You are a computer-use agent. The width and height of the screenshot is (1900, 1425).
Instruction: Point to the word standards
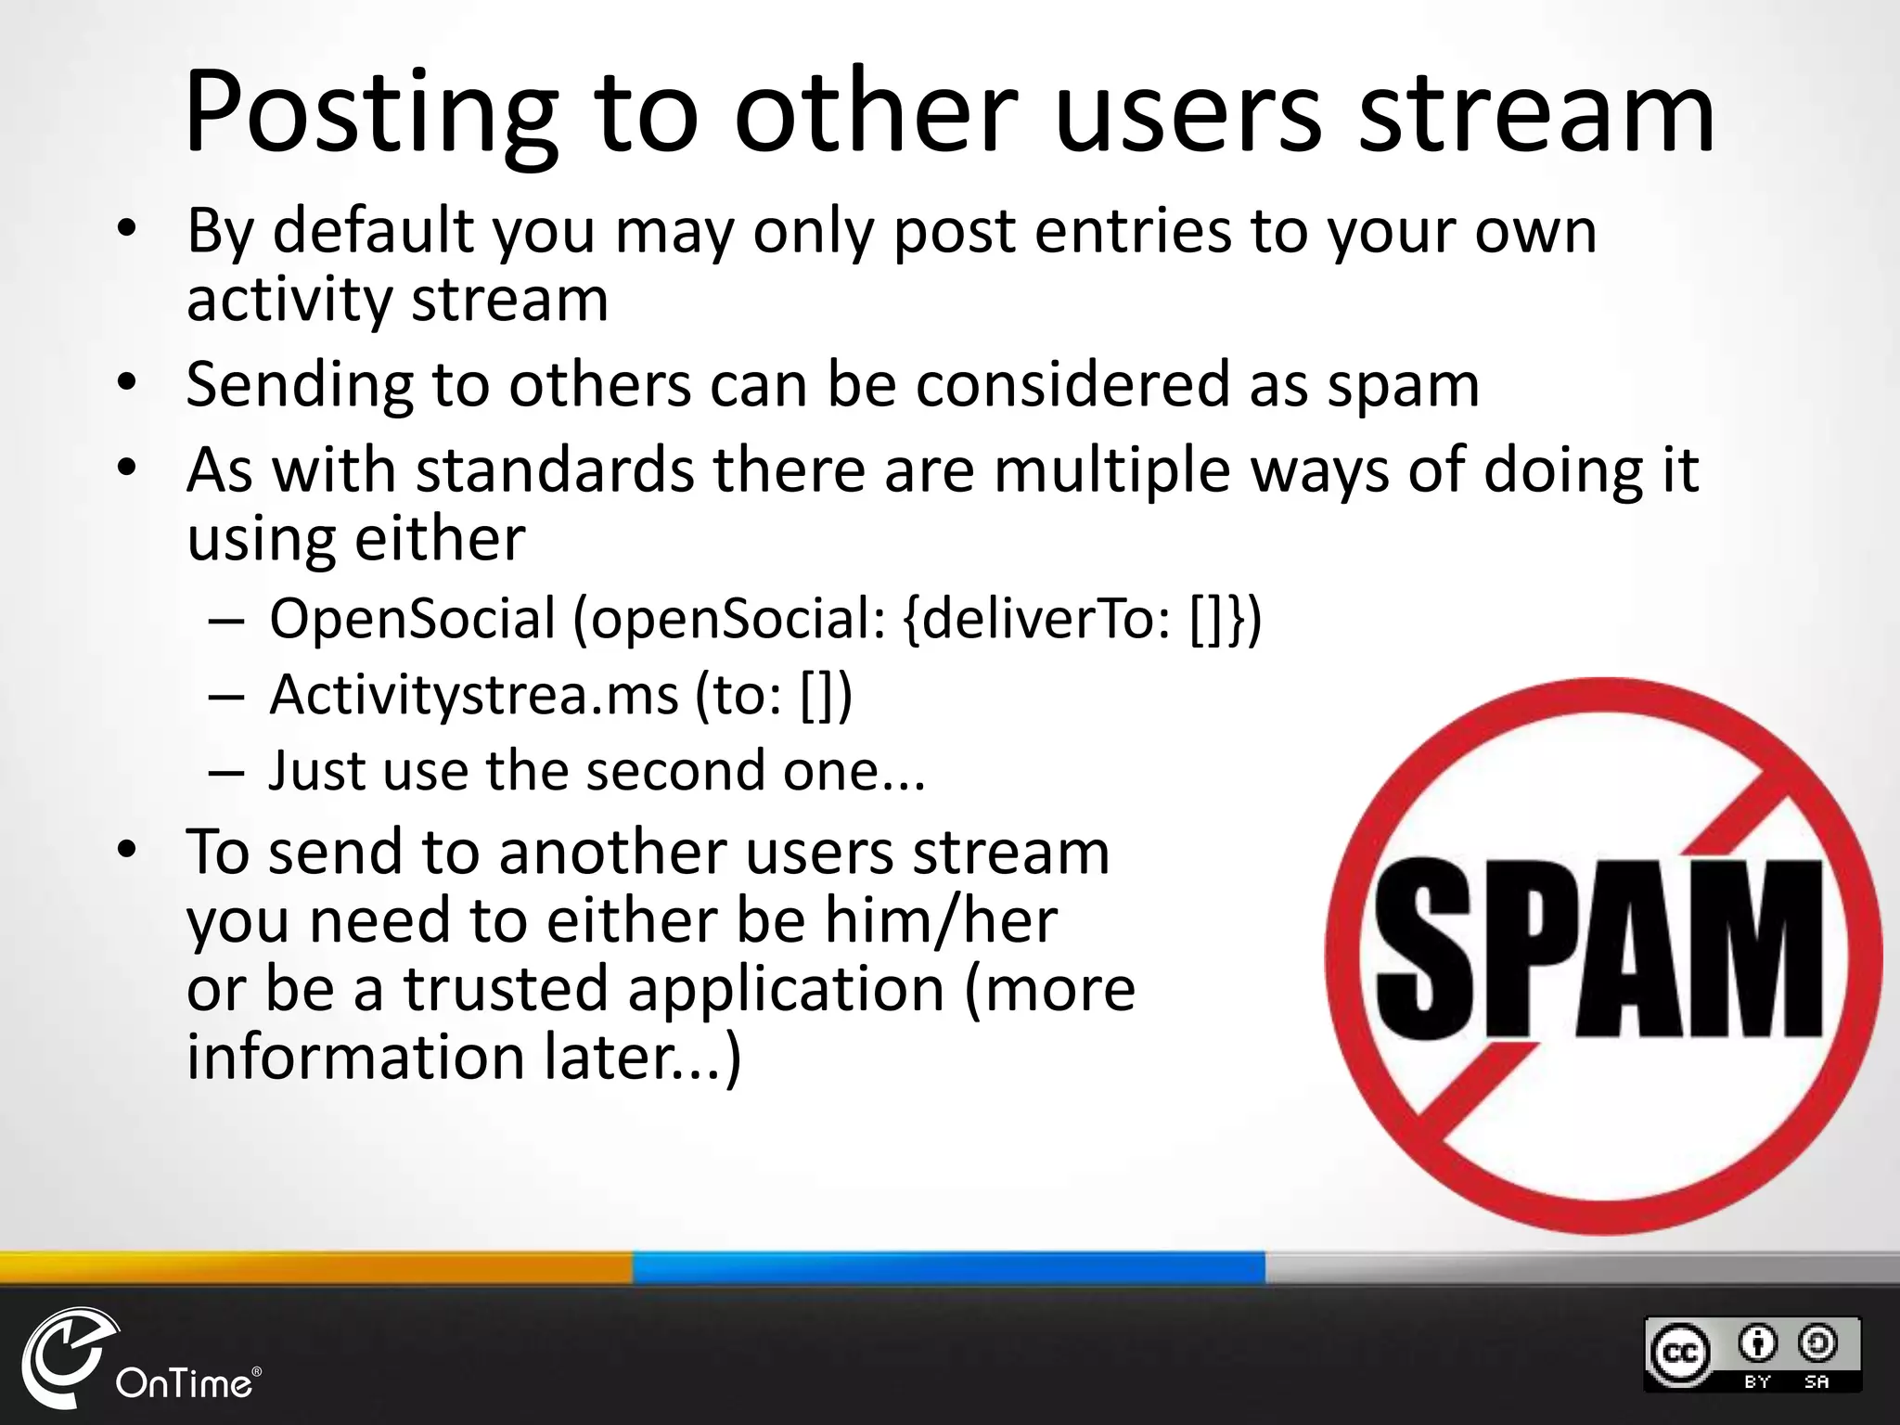point(554,469)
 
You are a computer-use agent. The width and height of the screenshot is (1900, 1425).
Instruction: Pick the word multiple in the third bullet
point(1112,471)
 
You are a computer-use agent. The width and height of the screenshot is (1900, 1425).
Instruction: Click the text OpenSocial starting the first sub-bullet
point(412,619)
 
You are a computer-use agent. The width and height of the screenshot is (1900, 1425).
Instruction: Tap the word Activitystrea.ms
point(473,695)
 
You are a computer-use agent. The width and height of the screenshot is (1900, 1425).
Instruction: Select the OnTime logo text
point(184,1383)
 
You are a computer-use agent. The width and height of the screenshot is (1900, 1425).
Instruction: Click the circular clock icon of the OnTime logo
point(65,1358)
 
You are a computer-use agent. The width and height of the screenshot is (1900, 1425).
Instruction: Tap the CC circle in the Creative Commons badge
point(1679,1352)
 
